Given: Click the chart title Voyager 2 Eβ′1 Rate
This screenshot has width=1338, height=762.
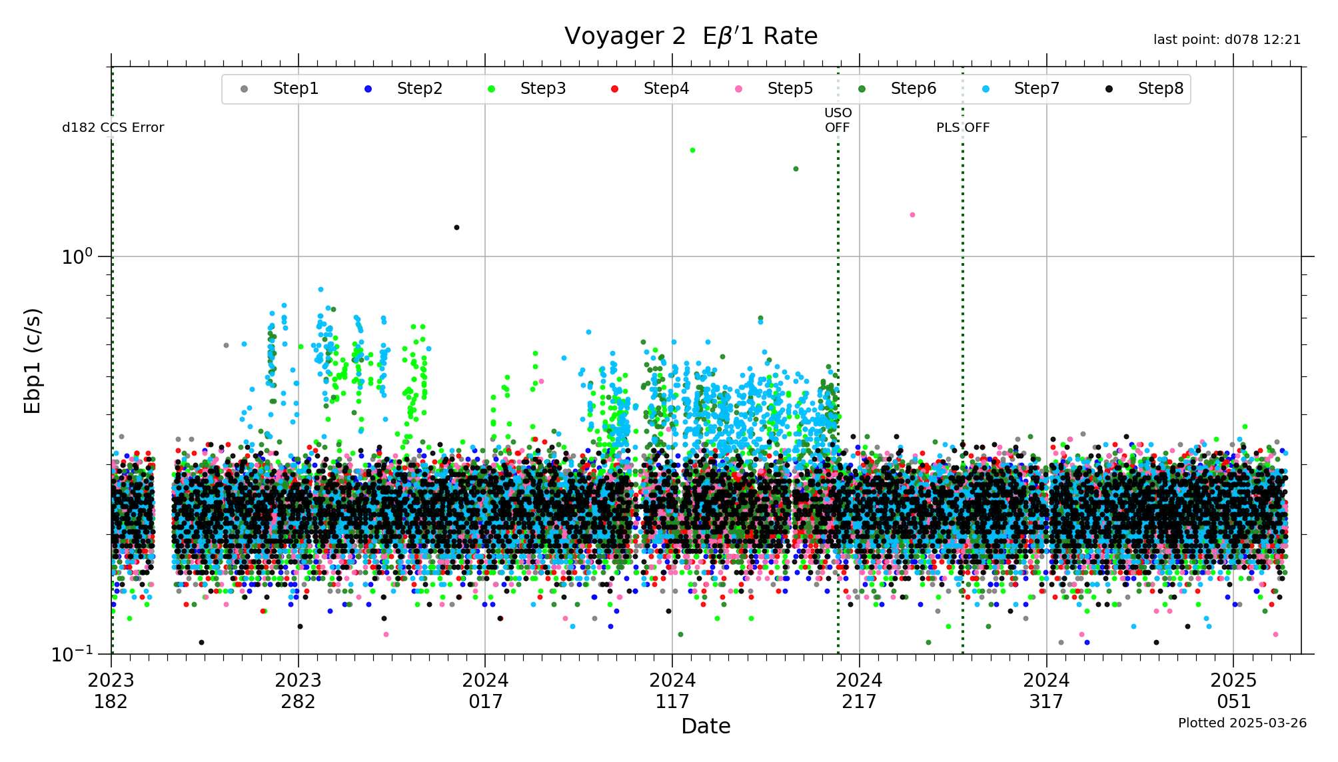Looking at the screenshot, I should coord(690,36).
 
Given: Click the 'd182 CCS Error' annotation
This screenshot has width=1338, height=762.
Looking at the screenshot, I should coord(113,128).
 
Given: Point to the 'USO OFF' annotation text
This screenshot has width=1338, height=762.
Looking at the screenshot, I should coord(838,121).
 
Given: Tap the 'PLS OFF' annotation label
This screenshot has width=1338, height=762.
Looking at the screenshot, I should coord(962,128).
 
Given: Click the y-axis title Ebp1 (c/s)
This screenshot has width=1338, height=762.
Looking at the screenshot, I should coord(33,360).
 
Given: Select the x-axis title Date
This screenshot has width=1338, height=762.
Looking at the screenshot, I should coord(706,726).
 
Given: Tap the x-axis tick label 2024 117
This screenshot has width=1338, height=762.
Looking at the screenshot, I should coord(672,691).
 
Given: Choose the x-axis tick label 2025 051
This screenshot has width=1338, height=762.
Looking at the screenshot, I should coord(1233,691).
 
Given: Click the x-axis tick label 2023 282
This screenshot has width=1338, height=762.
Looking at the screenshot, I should coord(298,691).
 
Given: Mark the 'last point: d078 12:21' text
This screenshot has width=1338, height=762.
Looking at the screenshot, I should coord(1227,40).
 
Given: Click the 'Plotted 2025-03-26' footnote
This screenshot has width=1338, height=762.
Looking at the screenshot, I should coord(1242,723).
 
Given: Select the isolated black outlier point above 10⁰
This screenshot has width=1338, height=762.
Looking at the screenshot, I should coord(456,228).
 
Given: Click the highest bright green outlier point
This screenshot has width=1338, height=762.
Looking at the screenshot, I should coord(692,151).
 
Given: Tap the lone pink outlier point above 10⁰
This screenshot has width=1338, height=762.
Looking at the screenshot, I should coord(912,215).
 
